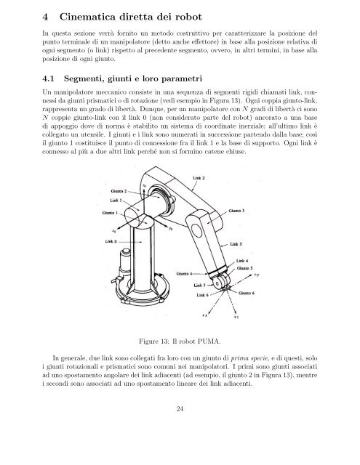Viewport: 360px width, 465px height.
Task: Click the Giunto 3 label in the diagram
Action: click(x=237, y=211)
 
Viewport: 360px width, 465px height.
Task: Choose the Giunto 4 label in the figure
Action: click(x=186, y=273)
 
